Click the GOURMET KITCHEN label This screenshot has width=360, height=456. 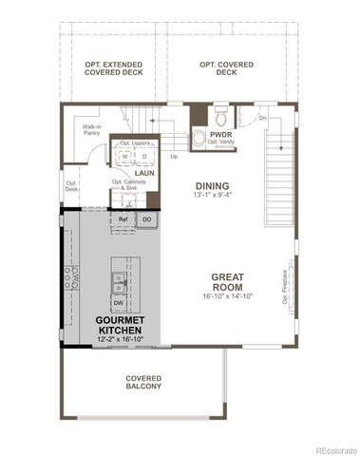(120, 327)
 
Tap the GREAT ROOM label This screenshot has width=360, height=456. (227, 281)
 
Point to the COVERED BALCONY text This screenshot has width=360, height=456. (143, 382)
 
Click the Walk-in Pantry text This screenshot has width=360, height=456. (92, 130)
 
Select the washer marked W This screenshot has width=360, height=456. (123, 156)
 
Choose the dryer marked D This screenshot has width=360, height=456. (142, 156)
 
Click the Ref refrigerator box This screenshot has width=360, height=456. (123, 219)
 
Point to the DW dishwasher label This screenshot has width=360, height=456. (118, 303)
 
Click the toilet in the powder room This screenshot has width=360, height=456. (219, 118)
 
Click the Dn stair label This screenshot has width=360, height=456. (262, 118)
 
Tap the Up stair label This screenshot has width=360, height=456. (174, 156)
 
